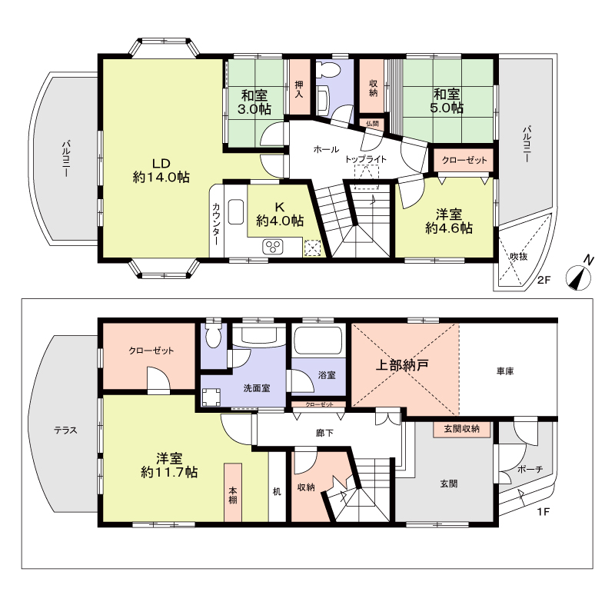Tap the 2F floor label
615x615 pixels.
544,280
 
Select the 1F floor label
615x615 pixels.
544,512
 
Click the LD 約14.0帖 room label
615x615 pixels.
161,171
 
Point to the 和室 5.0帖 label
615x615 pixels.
447,101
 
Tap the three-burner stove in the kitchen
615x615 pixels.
273,246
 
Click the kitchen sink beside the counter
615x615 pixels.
236,212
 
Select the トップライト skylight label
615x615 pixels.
366,159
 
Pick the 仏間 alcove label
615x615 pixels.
372,124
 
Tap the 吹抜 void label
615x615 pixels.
518,257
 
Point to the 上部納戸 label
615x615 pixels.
402,365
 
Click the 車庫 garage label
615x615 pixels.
505,371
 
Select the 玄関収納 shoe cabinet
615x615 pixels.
462,429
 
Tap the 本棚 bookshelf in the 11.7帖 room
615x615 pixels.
233,493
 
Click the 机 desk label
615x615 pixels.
277,491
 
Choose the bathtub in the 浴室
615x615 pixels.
318,341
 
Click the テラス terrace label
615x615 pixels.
65,430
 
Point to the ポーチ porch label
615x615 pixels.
530,469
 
